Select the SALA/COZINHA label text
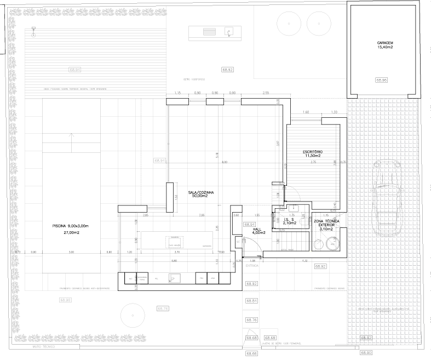point(200,193)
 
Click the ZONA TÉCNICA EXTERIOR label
point(326,222)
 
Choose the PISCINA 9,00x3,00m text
point(70,226)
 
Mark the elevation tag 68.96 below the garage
point(382,80)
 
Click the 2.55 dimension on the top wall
point(266,93)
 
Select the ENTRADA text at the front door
point(252,265)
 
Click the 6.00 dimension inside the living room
point(224,162)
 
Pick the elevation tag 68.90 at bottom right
point(366,352)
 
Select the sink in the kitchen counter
point(174,278)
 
